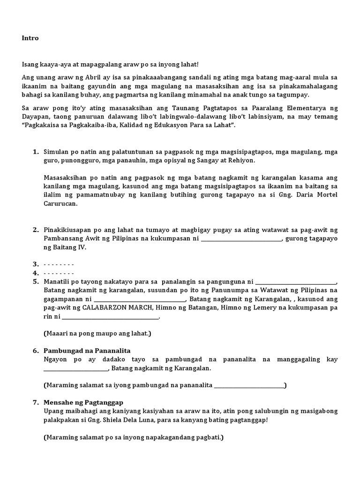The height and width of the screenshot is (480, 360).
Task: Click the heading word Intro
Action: [30, 38]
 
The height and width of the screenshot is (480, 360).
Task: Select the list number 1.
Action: [35, 152]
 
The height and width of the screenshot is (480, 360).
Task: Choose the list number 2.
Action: [35, 230]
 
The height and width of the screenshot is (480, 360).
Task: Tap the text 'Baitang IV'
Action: [70, 247]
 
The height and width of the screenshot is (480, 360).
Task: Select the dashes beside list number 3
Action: [59, 264]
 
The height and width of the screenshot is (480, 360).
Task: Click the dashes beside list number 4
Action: [59, 273]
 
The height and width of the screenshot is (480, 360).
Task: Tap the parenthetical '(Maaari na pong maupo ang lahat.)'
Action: [97, 334]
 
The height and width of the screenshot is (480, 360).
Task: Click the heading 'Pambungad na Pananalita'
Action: [87, 351]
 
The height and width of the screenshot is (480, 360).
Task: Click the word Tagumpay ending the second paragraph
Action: [294, 94]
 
